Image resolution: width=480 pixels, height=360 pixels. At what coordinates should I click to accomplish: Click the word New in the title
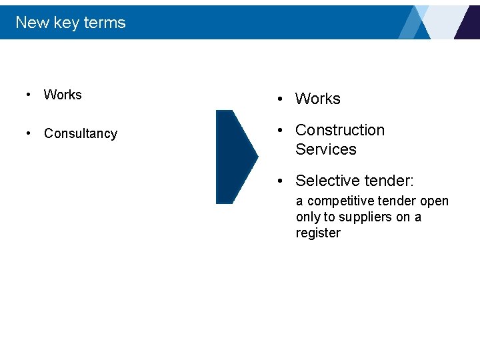click(32, 23)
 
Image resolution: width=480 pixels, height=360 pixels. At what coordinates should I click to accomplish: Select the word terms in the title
click(105, 23)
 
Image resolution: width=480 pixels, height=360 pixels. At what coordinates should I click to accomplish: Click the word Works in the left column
click(63, 95)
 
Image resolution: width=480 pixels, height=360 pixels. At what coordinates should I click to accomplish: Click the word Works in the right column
click(317, 99)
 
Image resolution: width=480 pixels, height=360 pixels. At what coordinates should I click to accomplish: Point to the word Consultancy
click(80, 133)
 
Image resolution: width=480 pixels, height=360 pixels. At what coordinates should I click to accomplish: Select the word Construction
click(340, 130)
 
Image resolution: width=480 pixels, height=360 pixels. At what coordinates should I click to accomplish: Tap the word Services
click(325, 149)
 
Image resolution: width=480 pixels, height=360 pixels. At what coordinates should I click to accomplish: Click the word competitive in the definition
click(343, 201)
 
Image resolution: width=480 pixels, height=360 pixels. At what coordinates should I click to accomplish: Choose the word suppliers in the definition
click(366, 217)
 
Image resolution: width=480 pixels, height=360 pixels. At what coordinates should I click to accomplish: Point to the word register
click(318, 233)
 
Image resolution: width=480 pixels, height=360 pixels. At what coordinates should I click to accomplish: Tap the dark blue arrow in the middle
click(235, 157)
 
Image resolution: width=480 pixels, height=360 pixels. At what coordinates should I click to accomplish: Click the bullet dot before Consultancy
click(28, 133)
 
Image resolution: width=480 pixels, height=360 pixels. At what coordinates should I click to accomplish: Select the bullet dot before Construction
click(282, 131)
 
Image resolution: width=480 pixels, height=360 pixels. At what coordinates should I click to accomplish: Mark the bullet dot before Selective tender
click(282, 181)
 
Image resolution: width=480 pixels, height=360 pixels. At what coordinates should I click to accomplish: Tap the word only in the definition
click(308, 217)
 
